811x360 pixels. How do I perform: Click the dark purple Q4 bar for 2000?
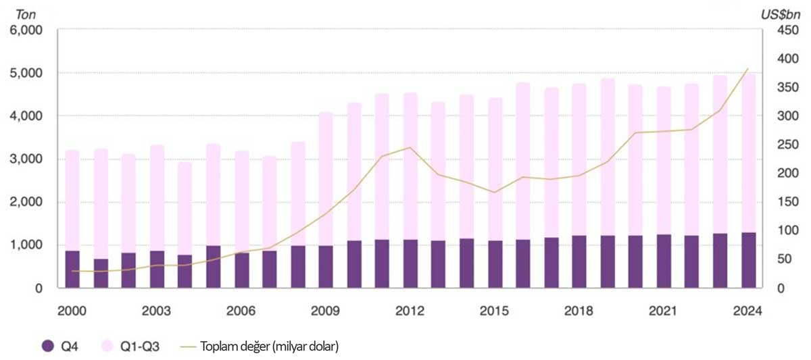[x=72, y=269]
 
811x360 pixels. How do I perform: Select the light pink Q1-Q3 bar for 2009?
[x=326, y=179]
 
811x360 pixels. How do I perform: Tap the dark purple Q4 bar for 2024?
[x=747, y=260]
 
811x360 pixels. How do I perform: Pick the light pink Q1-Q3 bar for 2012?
[x=410, y=166]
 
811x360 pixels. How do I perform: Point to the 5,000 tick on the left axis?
[x=25, y=73]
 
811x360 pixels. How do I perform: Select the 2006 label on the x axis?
[x=241, y=311]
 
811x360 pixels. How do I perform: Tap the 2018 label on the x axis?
[x=579, y=311]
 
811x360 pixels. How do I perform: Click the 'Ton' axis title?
[x=25, y=12]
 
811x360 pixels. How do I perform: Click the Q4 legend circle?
[x=47, y=346]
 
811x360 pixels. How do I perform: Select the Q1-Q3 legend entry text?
[x=141, y=346]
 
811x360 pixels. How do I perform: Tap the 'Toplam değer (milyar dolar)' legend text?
[x=269, y=346]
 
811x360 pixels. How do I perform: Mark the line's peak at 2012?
[x=410, y=147]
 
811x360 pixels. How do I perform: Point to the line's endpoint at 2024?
[x=747, y=68]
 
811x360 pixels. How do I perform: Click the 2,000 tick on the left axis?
[x=25, y=202]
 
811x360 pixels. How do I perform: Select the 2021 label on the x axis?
[x=663, y=311]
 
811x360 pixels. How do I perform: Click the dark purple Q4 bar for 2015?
[x=495, y=264]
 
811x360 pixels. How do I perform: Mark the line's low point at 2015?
[x=495, y=192]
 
